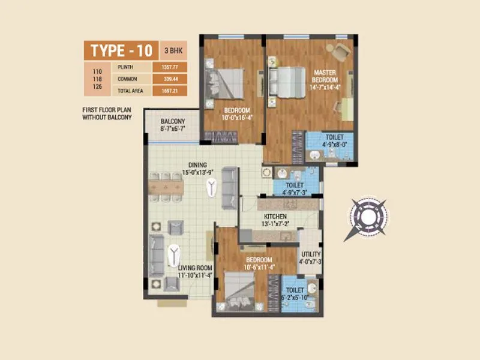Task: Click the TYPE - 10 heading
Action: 121,49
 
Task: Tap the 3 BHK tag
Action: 173,49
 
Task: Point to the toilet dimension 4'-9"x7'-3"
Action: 295,193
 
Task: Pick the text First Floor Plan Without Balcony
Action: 107,114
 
